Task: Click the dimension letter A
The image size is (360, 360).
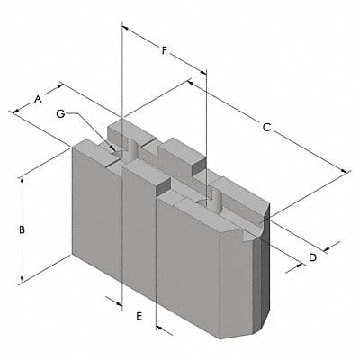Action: tap(39, 97)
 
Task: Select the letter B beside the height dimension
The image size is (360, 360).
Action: tap(21, 229)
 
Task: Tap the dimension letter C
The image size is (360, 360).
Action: tap(266, 127)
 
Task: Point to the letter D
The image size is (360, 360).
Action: tap(311, 258)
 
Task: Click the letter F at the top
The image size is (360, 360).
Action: tap(164, 50)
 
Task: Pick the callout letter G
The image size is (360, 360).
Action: tap(59, 113)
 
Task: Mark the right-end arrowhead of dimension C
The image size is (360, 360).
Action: tap(346, 171)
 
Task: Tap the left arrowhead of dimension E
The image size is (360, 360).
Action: tap(119, 302)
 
